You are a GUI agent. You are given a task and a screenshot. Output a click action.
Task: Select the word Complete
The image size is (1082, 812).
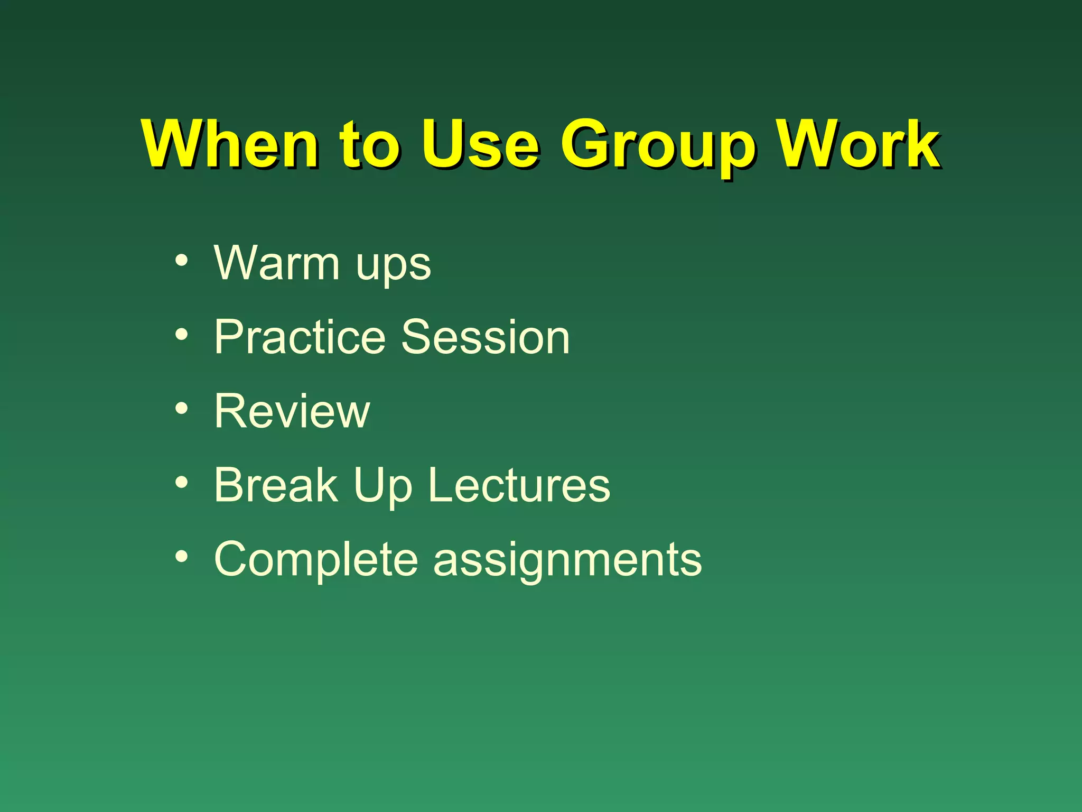click(316, 560)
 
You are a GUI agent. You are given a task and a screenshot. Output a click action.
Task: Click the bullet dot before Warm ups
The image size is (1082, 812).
click(182, 260)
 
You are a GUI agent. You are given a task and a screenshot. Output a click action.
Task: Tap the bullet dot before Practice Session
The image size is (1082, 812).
click(182, 334)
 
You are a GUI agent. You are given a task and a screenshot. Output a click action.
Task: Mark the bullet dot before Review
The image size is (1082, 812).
click(182, 408)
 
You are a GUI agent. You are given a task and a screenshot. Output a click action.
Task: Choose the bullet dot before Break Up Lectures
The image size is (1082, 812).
click(182, 482)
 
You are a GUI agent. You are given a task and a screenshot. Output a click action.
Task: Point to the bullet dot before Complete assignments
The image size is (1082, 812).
click(182, 556)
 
